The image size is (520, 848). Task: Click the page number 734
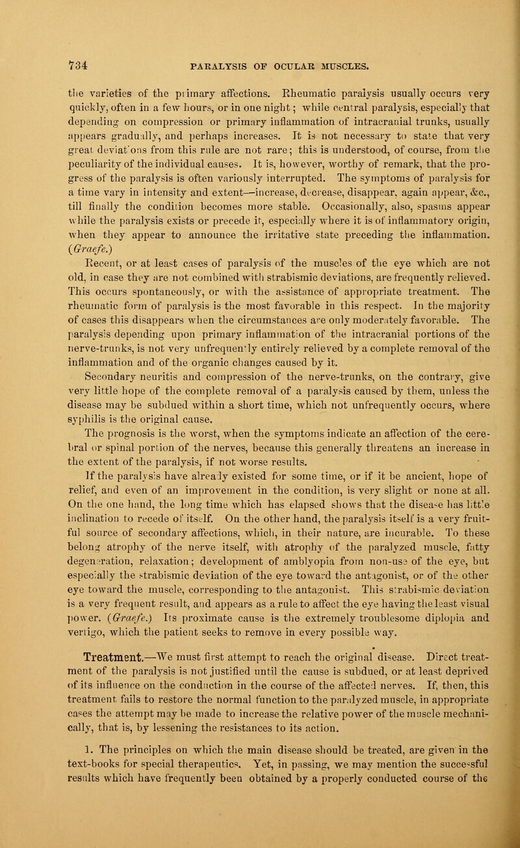(27, 64)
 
